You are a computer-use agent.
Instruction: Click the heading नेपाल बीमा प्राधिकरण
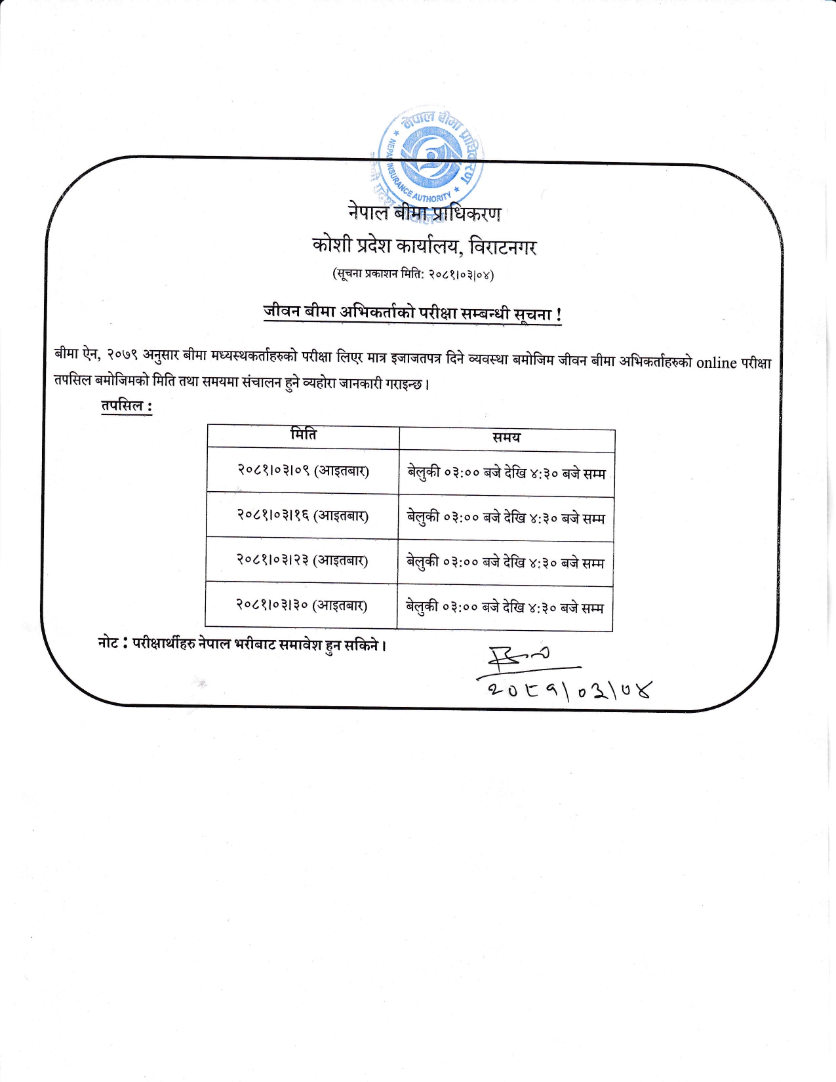tap(424, 213)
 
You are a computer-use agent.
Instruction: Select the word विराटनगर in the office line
tap(503, 247)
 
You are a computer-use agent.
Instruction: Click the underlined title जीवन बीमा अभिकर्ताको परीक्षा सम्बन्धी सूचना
tap(412, 313)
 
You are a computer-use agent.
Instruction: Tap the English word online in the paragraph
tap(717, 363)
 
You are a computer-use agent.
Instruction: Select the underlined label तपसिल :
tap(127, 407)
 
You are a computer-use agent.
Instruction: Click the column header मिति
tap(304, 435)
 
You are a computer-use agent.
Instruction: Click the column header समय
tap(506, 438)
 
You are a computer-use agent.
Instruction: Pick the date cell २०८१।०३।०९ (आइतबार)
tap(303, 470)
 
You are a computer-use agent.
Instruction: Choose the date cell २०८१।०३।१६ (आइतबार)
tap(302, 515)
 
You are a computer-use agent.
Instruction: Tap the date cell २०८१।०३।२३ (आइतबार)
tap(302, 560)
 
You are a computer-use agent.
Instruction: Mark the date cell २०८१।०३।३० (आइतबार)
tap(301, 605)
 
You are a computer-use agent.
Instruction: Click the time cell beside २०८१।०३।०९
tap(506, 473)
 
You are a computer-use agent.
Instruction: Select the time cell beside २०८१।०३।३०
tap(504, 608)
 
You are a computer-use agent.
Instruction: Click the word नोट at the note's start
tap(108, 643)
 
